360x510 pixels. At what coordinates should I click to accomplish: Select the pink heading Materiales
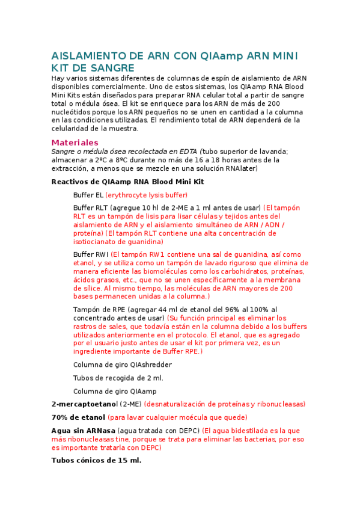(x=75, y=143)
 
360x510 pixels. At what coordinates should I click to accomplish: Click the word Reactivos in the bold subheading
(x=71, y=181)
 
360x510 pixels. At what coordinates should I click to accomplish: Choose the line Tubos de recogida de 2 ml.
(x=118, y=378)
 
